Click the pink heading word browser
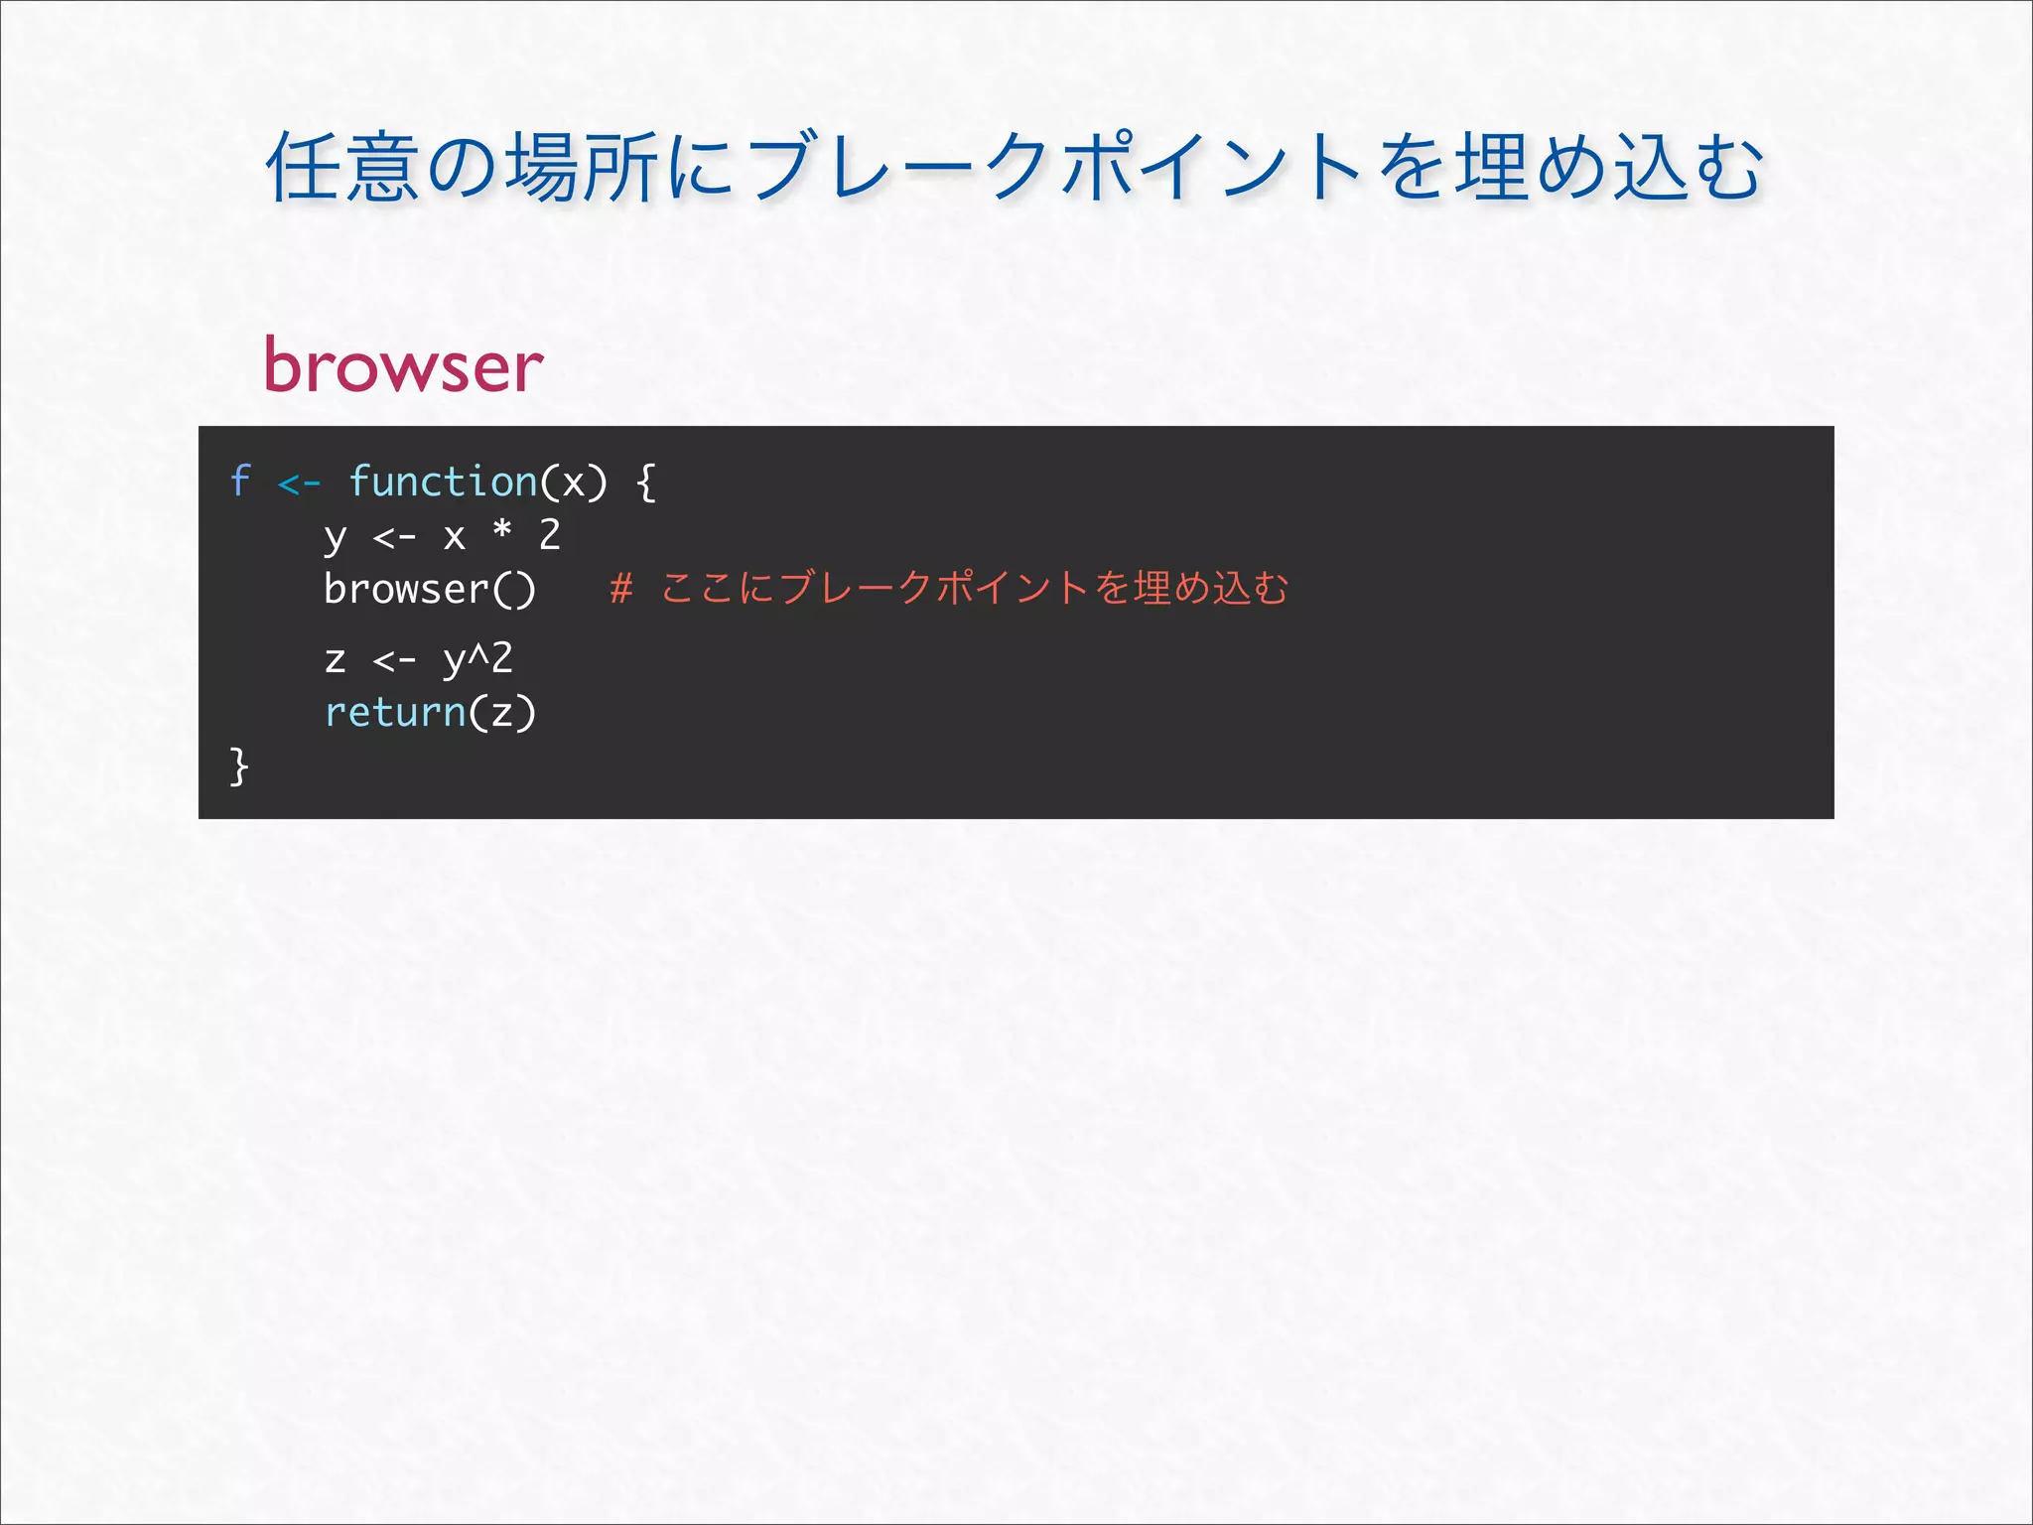tap(403, 365)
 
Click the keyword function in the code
tap(443, 482)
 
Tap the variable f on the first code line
tap(239, 482)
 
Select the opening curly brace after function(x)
tap(646, 483)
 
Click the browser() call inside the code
tap(429, 589)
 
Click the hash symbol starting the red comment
tap(621, 588)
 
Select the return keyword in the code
tap(395, 712)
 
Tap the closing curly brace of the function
tap(239, 766)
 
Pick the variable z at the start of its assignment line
tap(336, 659)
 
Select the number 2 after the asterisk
tap(550, 535)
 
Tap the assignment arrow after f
tap(299, 484)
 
